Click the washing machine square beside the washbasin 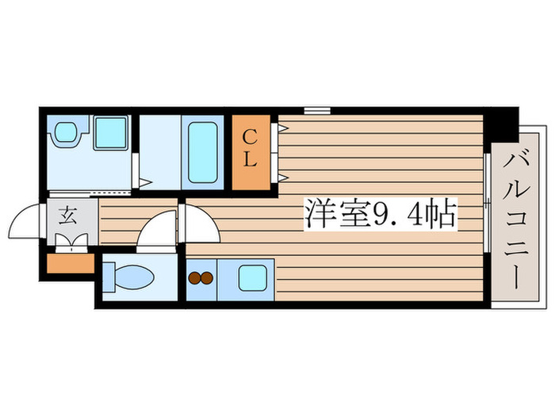(x=110, y=132)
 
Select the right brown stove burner (x=206, y=279)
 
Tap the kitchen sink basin (x=254, y=278)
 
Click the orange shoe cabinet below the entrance (x=71, y=263)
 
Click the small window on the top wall (x=316, y=109)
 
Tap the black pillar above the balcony (x=502, y=123)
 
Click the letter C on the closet (x=250, y=135)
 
